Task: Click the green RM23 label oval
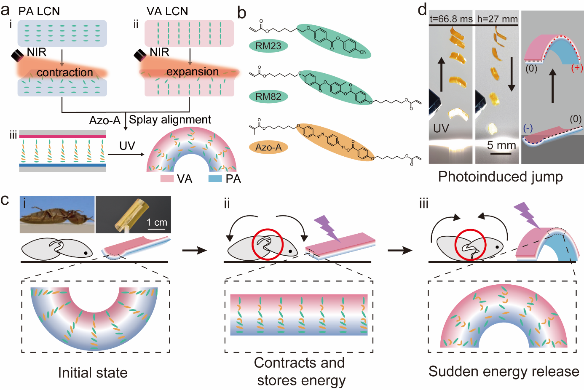tap(268, 45)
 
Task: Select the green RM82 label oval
tap(268, 96)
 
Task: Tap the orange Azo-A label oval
tap(268, 147)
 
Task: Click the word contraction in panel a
tap(65, 72)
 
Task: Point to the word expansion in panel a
tap(193, 72)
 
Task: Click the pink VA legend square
tap(167, 179)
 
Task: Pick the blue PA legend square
tap(215, 179)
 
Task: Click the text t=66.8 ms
tap(451, 19)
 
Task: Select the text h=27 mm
tap(497, 19)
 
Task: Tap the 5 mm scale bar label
tap(501, 146)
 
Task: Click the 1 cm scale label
tap(157, 222)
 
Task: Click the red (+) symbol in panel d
tap(577, 68)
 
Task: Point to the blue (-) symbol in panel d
tap(528, 128)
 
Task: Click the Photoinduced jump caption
tap(501, 176)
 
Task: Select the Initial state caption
tap(93, 372)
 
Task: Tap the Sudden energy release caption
tap(504, 371)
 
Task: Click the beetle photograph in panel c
tap(57, 214)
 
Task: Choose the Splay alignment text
tap(170, 120)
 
